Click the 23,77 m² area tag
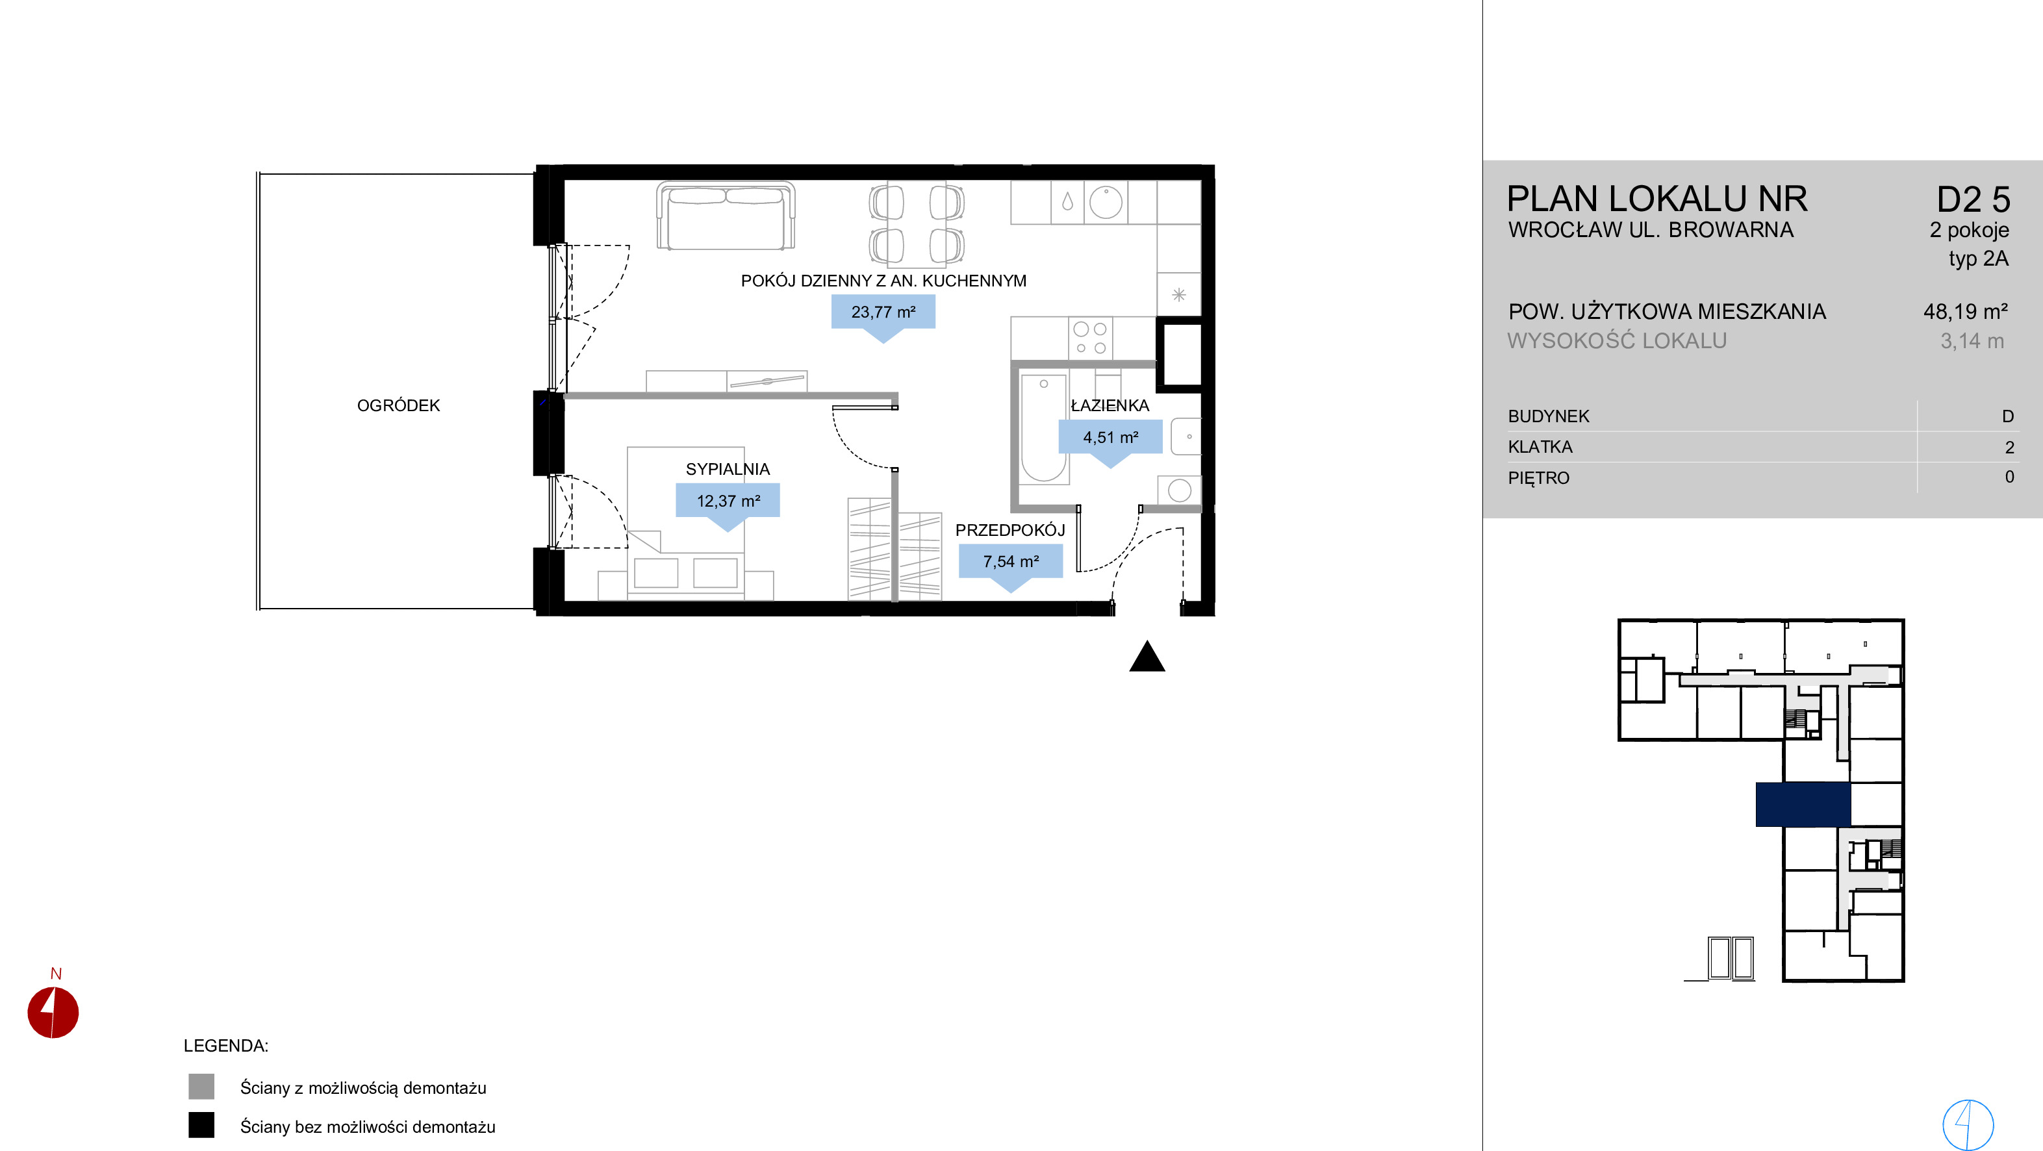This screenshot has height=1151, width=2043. (x=883, y=312)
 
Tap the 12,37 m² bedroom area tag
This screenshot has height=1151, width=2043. (x=728, y=501)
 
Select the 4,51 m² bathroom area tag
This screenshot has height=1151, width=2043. (x=1110, y=437)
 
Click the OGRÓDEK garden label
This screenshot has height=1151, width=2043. (x=398, y=405)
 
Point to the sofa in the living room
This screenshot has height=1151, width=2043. (x=726, y=216)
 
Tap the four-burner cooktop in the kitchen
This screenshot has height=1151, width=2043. (x=1089, y=338)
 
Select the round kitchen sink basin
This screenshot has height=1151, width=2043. (x=1106, y=201)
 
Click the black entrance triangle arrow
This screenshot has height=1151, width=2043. (x=1147, y=657)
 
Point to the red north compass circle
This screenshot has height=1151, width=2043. (x=53, y=1012)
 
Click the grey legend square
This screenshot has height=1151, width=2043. (x=201, y=1087)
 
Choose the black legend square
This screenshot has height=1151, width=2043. (x=201, y=1125)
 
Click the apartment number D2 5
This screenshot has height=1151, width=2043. (x=1973, y=200)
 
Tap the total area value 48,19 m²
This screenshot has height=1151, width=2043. (x=1965, y=312)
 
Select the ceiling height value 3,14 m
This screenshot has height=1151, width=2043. (x=1972, y=341)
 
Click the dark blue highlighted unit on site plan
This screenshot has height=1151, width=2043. (x=1803, y=804)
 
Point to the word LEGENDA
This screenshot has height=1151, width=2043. (x=226, y=1046)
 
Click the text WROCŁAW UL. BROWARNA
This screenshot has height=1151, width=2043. (x=1651, y=230)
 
